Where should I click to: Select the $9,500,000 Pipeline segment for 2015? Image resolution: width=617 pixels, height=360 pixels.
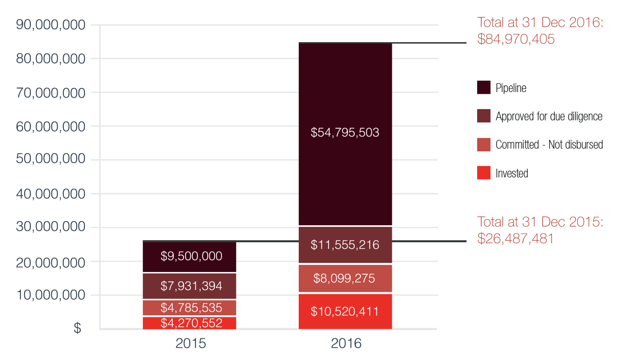[189, 256]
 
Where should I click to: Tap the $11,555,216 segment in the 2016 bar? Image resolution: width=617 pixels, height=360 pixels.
[345, 245]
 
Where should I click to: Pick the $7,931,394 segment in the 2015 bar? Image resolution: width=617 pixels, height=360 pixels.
[189, 285]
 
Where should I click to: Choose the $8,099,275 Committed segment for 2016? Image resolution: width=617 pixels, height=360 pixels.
[345, 279]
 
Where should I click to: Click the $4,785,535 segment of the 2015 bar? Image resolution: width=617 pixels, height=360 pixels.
[189, 308]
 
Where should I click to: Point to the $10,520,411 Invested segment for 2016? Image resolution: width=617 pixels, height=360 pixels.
[345, 311]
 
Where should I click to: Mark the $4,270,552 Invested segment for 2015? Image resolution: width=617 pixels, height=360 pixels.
[189, 323]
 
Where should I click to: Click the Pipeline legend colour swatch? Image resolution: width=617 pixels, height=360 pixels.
[484, 88]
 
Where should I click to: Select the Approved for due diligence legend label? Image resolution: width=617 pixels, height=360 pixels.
[549, 117]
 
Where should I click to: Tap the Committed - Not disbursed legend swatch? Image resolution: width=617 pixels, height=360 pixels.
[484, 145]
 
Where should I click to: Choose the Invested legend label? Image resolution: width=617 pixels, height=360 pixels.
[512, 174]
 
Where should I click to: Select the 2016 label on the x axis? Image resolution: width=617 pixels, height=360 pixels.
[346, 344]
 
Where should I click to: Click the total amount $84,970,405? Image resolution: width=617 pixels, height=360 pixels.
[516, 39]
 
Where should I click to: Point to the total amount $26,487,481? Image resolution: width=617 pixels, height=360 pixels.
[516, 239]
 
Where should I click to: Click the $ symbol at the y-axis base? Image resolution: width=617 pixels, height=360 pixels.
[77, 328]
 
